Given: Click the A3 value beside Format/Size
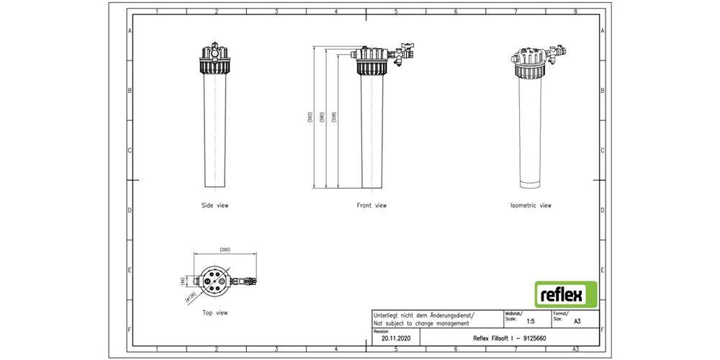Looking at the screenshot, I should point(577,322).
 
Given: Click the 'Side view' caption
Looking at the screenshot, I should point(215,205).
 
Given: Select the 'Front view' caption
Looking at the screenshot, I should point(372,205).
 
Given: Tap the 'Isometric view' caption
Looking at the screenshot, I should point(531,205).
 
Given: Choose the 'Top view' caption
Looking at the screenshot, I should point(215,313).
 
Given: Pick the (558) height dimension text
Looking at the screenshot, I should point(333,120).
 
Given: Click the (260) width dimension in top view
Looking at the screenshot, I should point(225,250).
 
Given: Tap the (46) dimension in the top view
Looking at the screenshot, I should point(183,280).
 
